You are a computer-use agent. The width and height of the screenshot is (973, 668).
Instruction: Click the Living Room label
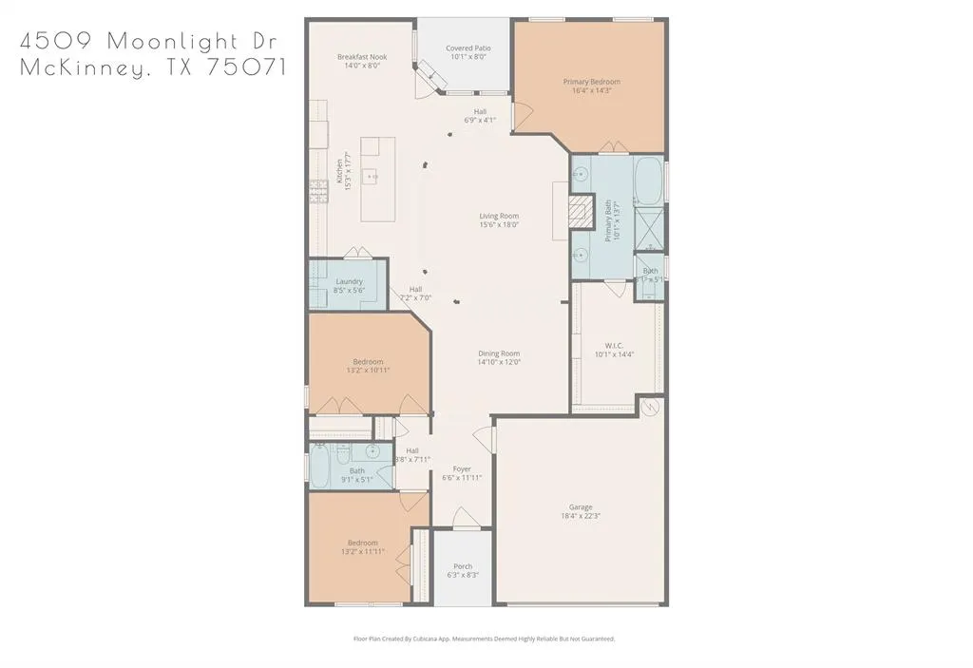[x=498, y=216]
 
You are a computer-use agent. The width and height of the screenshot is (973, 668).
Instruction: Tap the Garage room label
[x=581, y=507]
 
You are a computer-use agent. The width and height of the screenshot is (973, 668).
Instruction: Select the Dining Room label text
[x=498, y=353]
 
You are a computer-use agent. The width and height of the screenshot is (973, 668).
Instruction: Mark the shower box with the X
[x=649, y=228]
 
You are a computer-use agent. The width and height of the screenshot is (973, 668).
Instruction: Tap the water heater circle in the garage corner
[x=650, y=408]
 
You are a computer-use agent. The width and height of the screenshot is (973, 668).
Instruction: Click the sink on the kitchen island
[x=373, y=176]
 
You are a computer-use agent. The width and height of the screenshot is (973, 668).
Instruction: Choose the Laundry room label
[x=349, y=281]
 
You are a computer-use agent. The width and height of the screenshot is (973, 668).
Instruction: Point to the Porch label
[x=462, y=566]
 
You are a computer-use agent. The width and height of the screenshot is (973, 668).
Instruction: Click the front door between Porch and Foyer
[x=463, y=521]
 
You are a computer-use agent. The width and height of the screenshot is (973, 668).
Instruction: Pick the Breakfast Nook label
[x=361, y=57]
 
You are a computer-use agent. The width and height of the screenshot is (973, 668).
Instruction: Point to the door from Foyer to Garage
[x=486, y=439]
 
